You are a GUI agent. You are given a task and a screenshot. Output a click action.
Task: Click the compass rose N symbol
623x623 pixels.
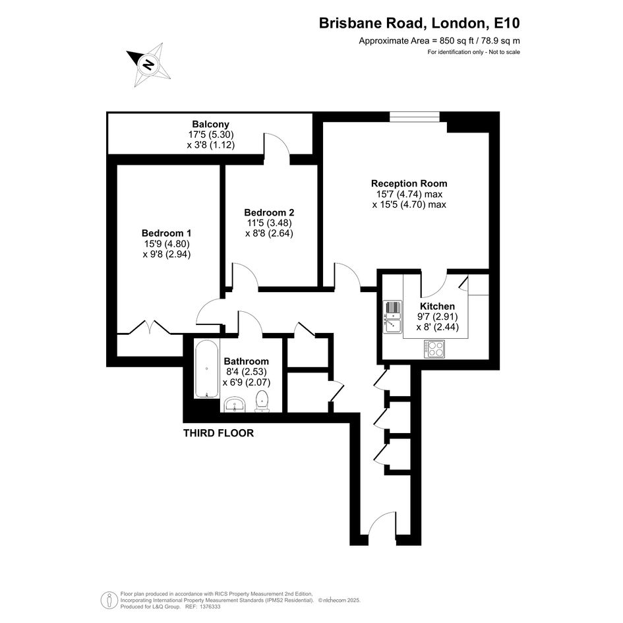click(x=148, y=65)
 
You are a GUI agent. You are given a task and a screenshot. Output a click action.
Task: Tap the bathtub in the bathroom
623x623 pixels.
click(x=206, y=369)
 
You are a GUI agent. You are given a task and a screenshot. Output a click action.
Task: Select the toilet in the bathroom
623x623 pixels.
click(x=262, y=401)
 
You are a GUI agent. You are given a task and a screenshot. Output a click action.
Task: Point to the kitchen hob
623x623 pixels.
click(x=434, y=349)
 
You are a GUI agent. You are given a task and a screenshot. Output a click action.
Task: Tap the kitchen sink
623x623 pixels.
click(x=392, y=317)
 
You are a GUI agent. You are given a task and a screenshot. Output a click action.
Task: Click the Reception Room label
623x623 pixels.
click(x=409, y=183)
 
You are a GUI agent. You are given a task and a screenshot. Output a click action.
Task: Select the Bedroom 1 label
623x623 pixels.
click(x=167, y=233)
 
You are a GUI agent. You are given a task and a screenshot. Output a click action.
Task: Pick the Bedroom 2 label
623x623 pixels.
click(x=270, y=212)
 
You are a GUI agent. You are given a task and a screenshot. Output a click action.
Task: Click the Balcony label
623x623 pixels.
click(x=210, y=125)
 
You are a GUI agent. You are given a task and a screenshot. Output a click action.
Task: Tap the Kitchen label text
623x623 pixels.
click(x=438, y=307)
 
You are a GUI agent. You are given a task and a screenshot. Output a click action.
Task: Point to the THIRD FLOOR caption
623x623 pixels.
click(x=218, y=433)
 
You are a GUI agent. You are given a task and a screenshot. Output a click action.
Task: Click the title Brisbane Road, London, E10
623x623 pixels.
click(x=419, y=23)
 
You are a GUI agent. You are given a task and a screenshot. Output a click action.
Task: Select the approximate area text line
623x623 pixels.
click(x=440, y=40)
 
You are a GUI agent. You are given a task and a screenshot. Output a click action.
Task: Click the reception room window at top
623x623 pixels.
click(x=415, y=117)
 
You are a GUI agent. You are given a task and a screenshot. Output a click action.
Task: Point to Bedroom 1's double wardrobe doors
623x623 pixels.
click(x=150, y=327)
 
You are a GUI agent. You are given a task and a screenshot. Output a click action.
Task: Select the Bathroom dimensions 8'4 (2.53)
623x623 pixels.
click(x=247, y=372)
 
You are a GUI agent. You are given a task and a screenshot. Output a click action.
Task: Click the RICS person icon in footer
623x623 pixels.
click(x=109, y=601)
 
